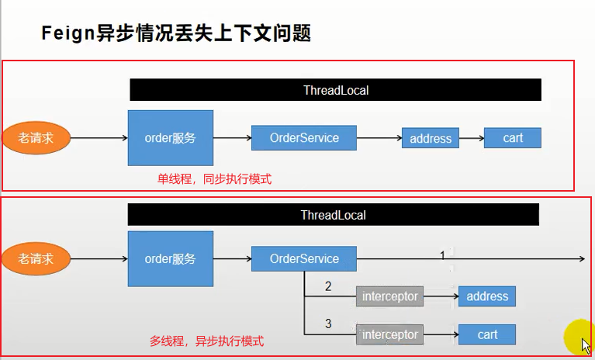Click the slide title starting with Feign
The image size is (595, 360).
point(175,35)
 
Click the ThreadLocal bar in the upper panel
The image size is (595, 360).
point(335,90)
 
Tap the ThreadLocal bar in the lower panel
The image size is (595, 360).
point(333,215)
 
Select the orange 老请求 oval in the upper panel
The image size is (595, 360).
point(35,138)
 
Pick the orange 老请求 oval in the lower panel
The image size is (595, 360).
point(36,258)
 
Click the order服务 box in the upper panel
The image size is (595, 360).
point(170,138)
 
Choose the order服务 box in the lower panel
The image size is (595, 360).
point(170,258)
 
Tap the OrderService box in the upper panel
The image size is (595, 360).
point(304,138)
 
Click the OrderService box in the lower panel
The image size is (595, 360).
point(304,258)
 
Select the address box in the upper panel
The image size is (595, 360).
point(430,139)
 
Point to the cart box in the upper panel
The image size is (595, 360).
point(512,138)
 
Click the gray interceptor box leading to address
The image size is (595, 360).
point(389,296)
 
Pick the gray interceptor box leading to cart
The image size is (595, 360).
point(389,334)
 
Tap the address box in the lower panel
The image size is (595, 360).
point(486,296)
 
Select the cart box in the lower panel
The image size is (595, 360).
point(486,334)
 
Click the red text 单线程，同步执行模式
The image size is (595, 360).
point(215,178)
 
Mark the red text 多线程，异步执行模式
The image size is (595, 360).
point(206,341)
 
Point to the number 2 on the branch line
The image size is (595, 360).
point(328,287)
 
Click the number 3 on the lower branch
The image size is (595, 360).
point(328,324)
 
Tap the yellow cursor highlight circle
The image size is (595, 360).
point(578,334)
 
